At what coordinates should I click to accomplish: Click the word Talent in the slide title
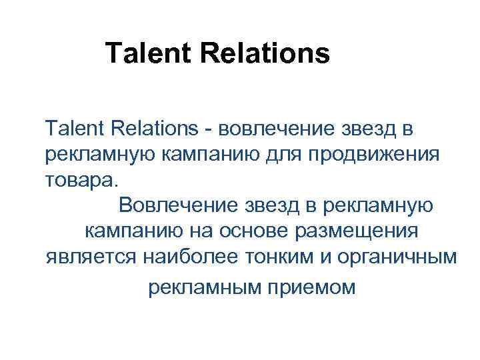coord(142,53)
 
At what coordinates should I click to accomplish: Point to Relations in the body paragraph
coord(144,127)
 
